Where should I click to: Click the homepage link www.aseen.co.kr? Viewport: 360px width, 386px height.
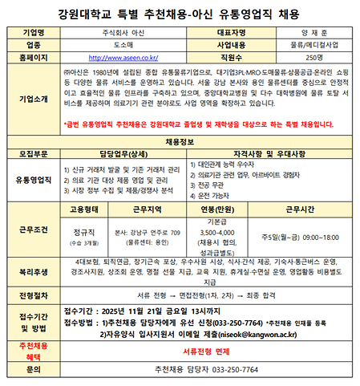tap(123, 58)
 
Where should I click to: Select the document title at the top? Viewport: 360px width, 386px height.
tap(180, 13)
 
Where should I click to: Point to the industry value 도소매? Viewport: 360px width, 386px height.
tap(123, 45)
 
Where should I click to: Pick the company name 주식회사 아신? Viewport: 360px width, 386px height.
tap(123, 32)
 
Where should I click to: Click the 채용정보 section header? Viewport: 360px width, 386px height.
tap(180, 140)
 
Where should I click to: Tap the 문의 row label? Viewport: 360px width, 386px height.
tap(33, 369)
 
